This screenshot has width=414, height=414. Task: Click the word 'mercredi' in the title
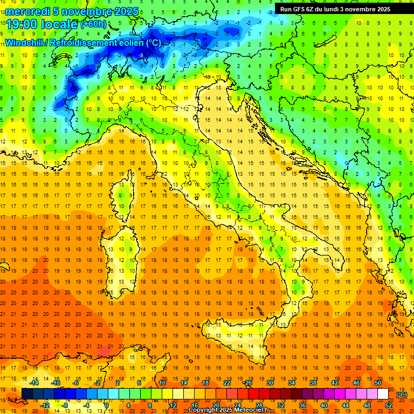(27, 11)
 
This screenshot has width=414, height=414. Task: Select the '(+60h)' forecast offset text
(93, 24)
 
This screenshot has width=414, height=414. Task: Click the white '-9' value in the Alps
(141, 55)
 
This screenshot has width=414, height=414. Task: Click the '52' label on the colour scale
(389, 405)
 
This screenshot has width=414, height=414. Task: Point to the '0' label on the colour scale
(106, 405)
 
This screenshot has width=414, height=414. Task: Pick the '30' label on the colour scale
(270, 383)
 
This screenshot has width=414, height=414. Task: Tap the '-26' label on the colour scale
(248, 383)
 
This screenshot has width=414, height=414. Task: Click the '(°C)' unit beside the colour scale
(402, 394)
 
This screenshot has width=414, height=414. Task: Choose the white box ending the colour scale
(383, 394)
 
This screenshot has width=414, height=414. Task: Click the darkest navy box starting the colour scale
(27, 394)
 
